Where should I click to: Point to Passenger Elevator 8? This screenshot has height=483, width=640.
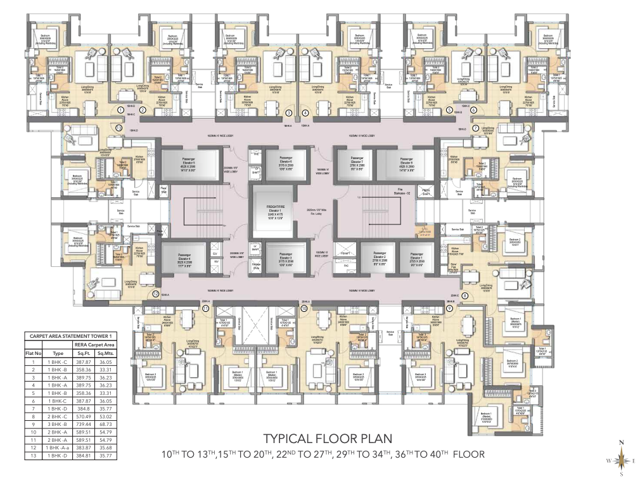click(x=406, y=164)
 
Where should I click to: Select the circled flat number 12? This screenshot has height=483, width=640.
click(x=155, y=293)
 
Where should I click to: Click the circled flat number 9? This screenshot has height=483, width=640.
click(x=449, y=308)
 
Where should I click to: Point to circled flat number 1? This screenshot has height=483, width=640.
click(x=120, y=110)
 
